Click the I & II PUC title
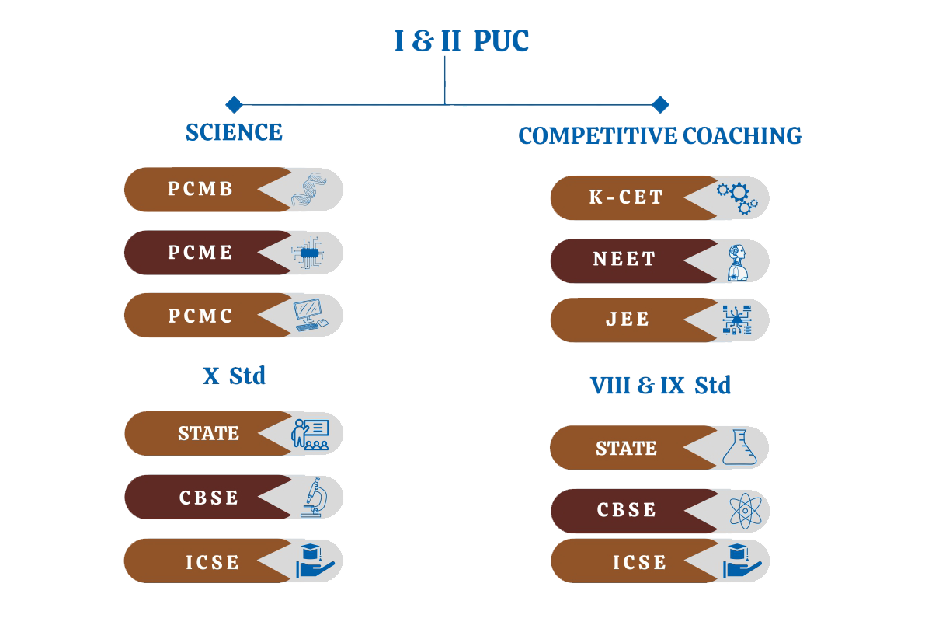[x=461, y=41]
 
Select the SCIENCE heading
[x=234, y=132]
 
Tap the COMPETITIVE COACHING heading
[x=660, y=136]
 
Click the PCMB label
[x=200, y=189]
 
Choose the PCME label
[x=200, y=253]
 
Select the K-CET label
[x=626, y=197]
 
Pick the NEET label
[x=624, y=260]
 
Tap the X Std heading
[x=234, y=376]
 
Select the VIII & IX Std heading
[x=660, y=385]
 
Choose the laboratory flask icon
[x=739, y=448]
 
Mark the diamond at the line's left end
[x=234, y=104]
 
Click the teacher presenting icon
[x=310, y=434]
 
